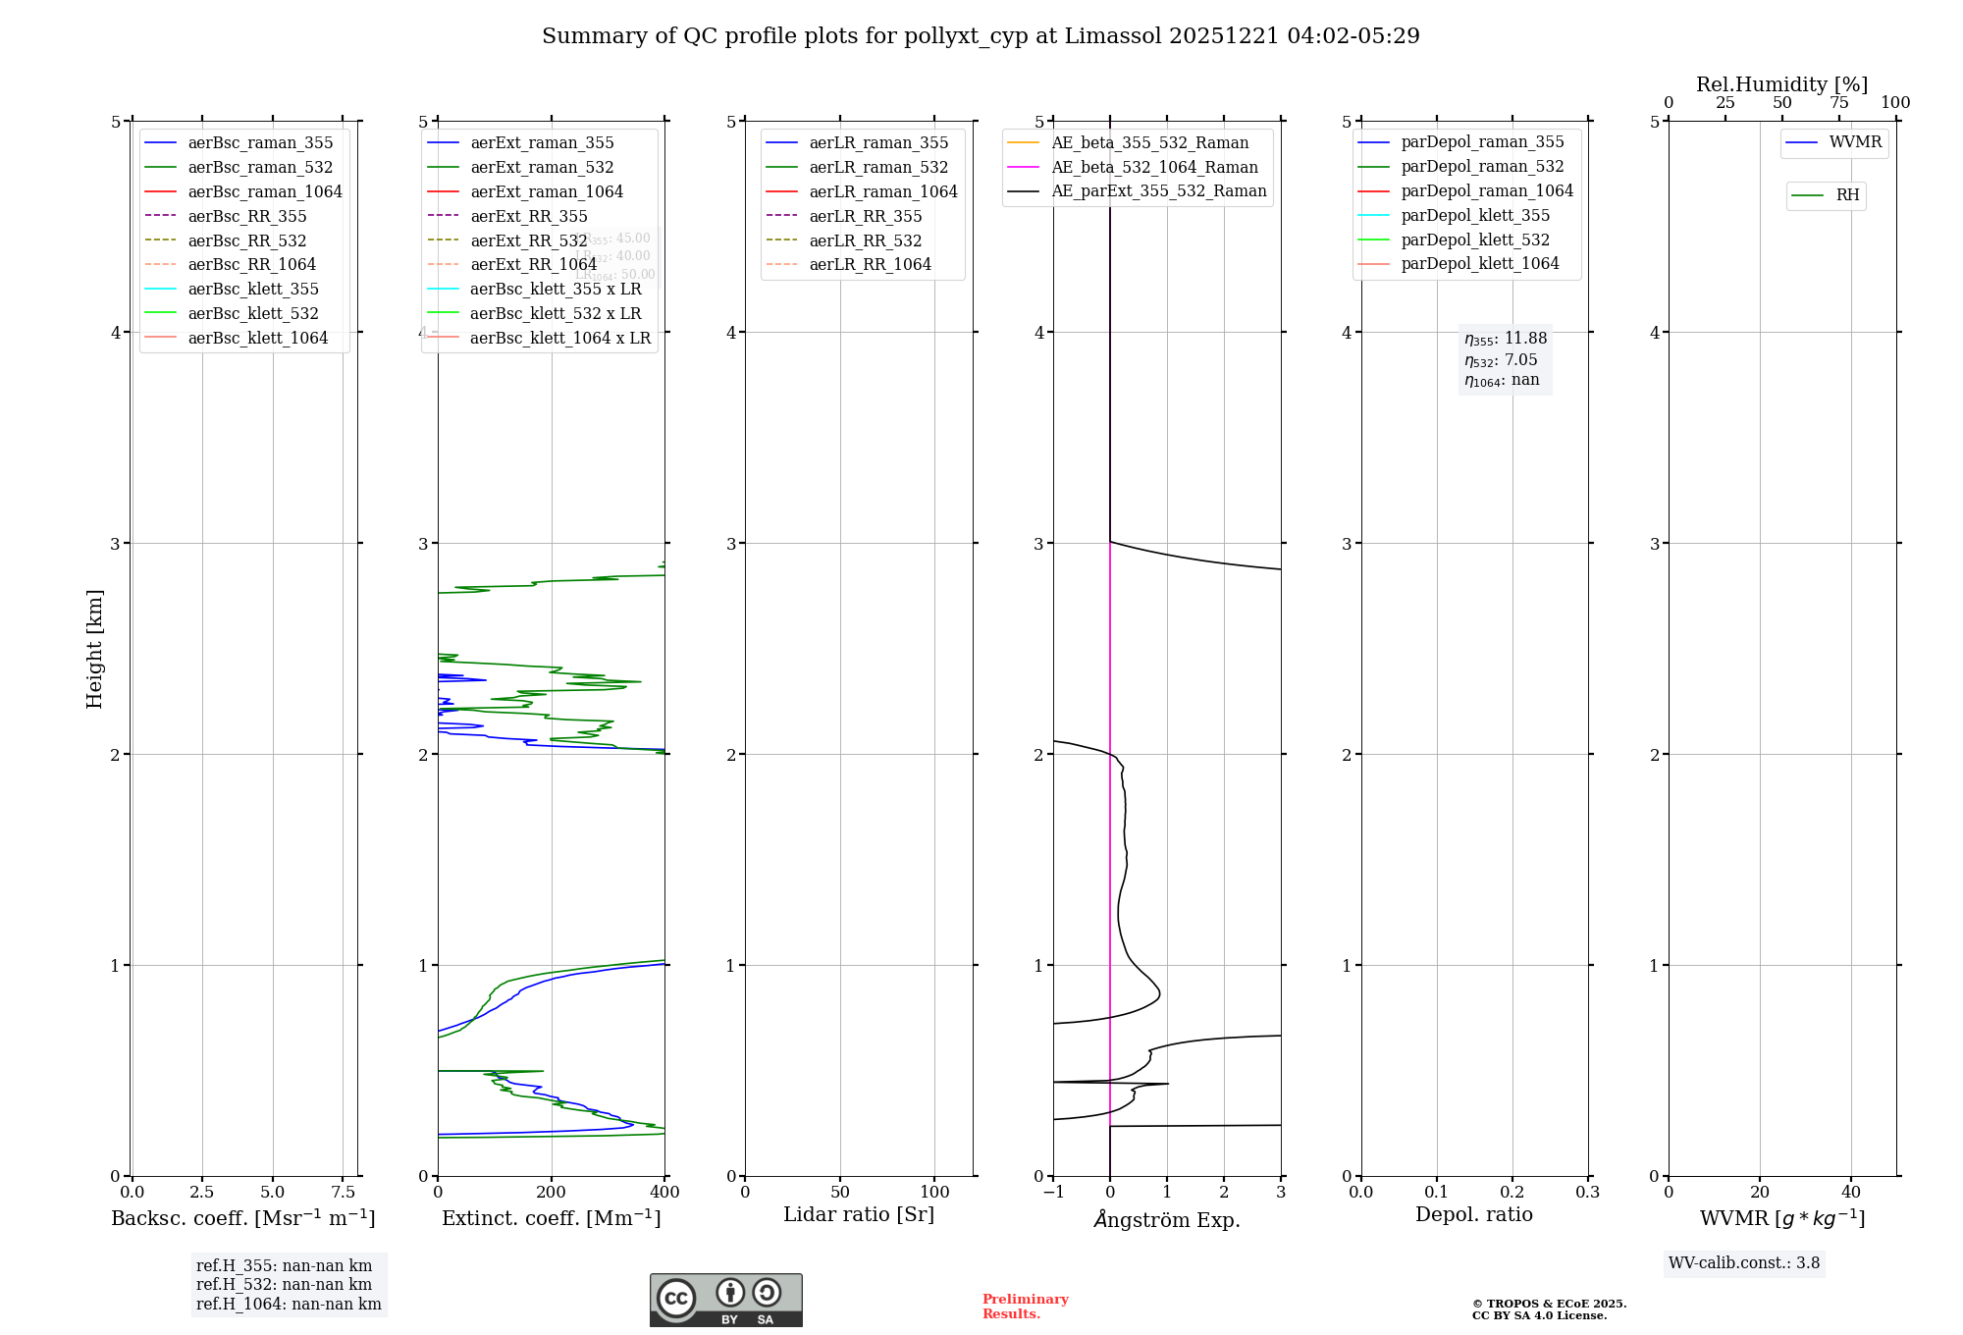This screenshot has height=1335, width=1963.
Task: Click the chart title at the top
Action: (981, 36)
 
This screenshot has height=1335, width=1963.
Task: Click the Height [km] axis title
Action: (94, 648)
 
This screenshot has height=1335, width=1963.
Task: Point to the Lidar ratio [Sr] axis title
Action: (859, 1215)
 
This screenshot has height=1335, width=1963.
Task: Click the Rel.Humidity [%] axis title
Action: (1781, 84)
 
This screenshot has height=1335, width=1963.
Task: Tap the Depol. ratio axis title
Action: (1473, 1215)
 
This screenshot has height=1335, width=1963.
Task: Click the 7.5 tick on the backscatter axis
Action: (343, 1192)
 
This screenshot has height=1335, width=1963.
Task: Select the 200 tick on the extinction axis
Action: (552, 1192)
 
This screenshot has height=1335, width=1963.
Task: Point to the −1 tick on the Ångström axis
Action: (1053, 1192)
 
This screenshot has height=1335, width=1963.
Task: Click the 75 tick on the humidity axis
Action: (1838, 103)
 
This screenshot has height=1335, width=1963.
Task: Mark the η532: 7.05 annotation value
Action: (1501, 360)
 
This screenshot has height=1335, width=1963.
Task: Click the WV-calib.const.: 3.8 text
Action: (1744, 1263)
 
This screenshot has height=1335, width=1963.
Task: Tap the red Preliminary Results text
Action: (1025, 1307)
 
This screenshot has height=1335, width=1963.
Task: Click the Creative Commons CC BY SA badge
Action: (725, 1301)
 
